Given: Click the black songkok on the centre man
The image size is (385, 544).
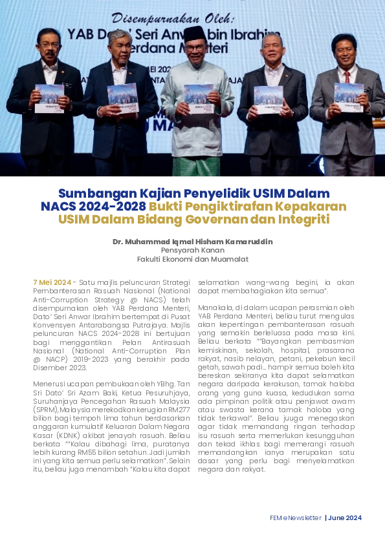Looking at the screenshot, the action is (x=194, y=33).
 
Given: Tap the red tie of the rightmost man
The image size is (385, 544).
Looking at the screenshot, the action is (x=347, y=76).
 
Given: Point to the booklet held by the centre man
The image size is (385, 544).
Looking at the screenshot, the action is (x=198, y=98).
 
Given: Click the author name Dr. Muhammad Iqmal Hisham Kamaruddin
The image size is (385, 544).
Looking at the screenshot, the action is (x=192, y=242).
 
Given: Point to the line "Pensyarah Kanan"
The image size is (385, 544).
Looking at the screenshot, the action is (x=192, y=250).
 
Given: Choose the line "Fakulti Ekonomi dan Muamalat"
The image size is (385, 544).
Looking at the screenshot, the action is (x=192, y=259).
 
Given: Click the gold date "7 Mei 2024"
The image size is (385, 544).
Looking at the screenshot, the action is (x=52, y=282).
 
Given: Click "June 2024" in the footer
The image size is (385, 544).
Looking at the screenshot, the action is (x=345, y=518).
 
